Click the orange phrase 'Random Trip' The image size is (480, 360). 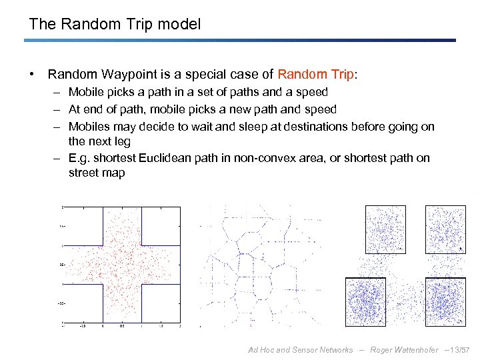pos(317,74)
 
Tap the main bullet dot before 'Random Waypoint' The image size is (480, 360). pos(33,74)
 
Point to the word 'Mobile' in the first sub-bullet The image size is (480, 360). pos(85,92)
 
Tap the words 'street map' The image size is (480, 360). pos(97,173)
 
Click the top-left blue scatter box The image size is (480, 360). pos(385,228)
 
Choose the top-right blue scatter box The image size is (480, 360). pos(445,228)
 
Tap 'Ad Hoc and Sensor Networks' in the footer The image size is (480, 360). pos(300,350)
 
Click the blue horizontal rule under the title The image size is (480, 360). pos(240,40)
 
